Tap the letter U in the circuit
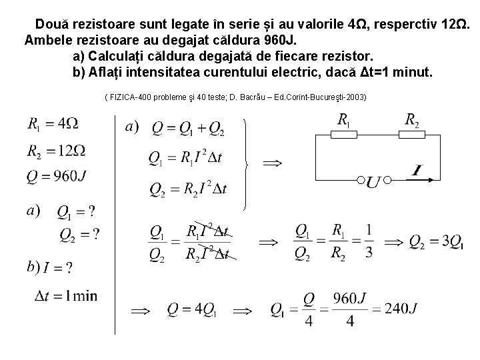373,181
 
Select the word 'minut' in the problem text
413,72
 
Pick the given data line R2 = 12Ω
56,151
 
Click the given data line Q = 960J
57,177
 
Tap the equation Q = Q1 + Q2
187,128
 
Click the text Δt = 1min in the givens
65,296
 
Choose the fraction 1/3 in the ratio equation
369,242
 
